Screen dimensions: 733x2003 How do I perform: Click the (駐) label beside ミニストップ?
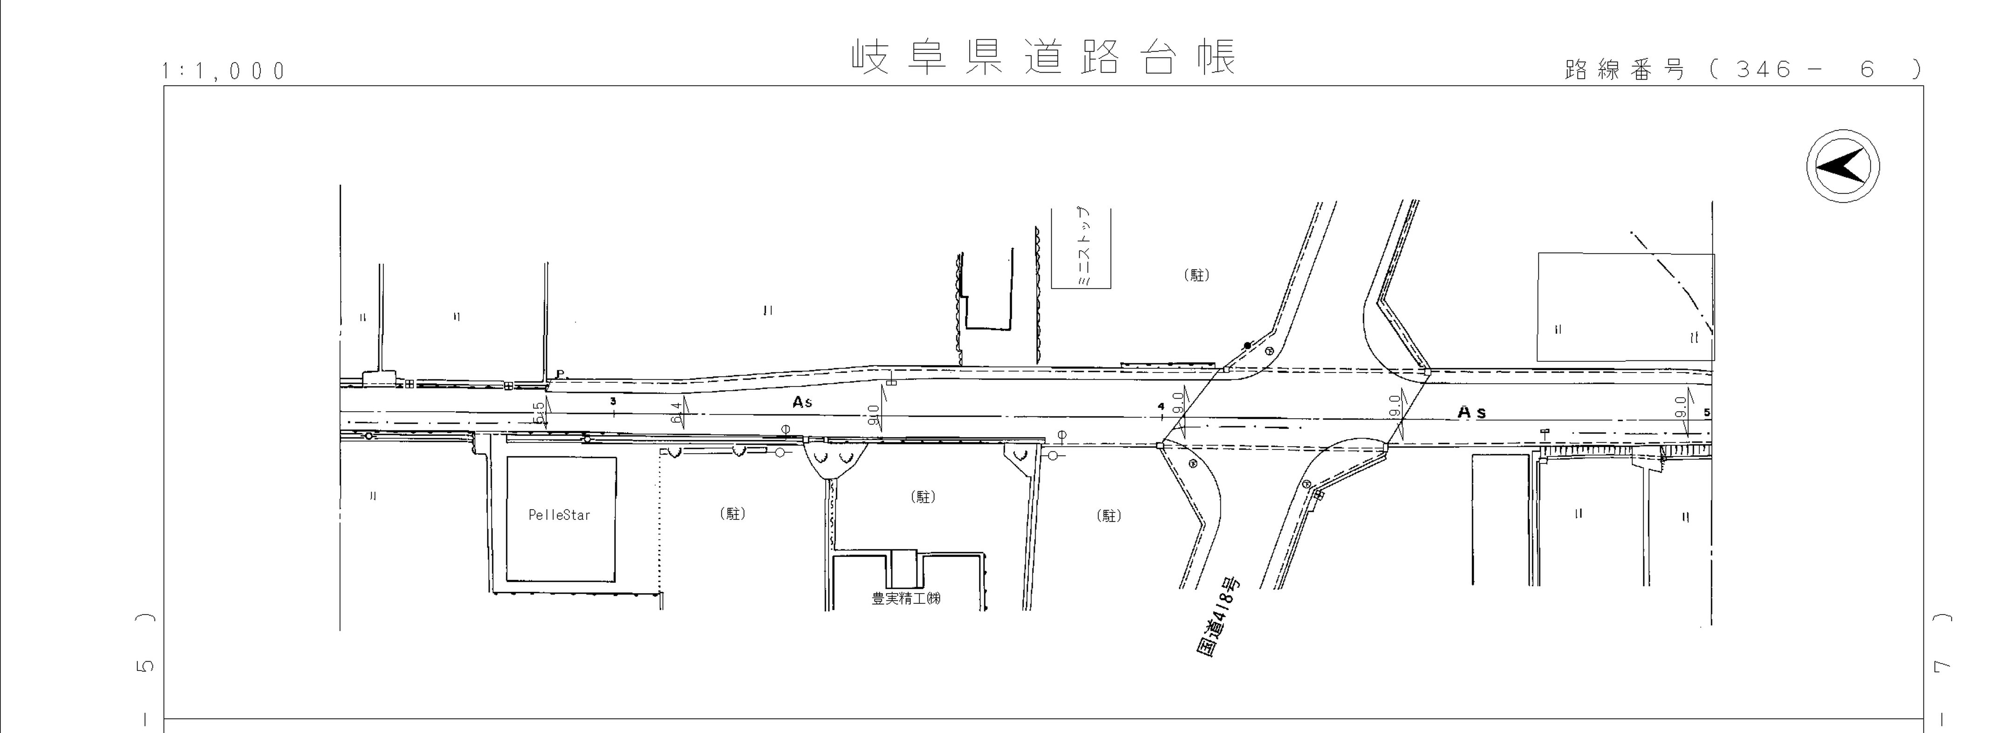click(1196, 275)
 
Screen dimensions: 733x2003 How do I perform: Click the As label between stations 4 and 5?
click(1471, 412)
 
